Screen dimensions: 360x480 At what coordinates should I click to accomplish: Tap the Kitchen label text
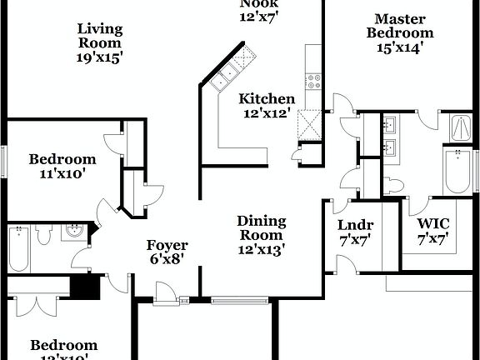(x=267, y=99)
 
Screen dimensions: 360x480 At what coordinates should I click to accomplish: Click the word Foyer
(x=167, y=246)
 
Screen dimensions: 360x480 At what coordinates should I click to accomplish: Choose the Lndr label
(x=355, y=225)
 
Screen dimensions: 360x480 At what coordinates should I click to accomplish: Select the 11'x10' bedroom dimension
(x=62, y=174)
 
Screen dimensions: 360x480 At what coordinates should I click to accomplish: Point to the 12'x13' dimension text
(x=261, y=248)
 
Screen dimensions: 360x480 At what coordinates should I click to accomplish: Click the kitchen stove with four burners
(x=314, y=82)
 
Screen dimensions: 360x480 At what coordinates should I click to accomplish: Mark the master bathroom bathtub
(x=456, y=171)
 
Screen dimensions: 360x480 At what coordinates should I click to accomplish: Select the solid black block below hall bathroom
(x=82, y=286)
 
